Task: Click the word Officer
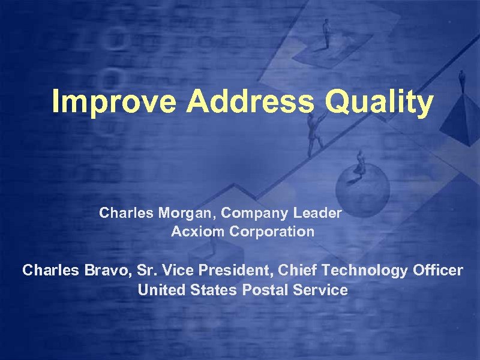click(x=438, y=271)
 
